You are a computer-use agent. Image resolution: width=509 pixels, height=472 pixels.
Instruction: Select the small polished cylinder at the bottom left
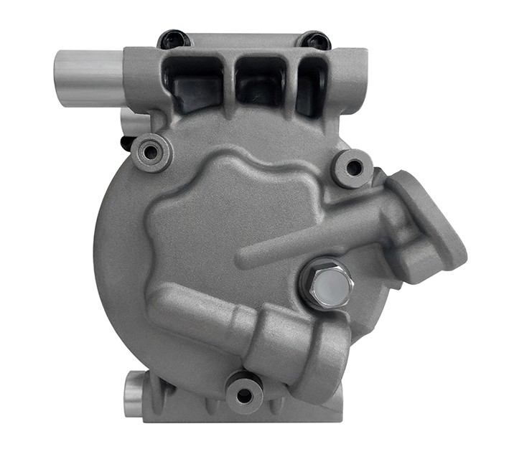point(134,394)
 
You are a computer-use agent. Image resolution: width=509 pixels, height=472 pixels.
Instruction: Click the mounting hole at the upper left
point(151,151)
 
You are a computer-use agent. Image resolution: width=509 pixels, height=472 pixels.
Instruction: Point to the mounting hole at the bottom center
point(244,393)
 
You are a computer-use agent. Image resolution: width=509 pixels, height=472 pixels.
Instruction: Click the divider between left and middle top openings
point(228,79)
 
